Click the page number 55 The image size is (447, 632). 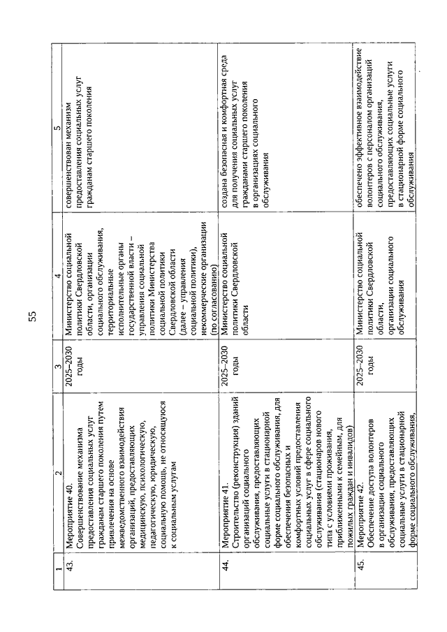(x=33, y=316)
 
